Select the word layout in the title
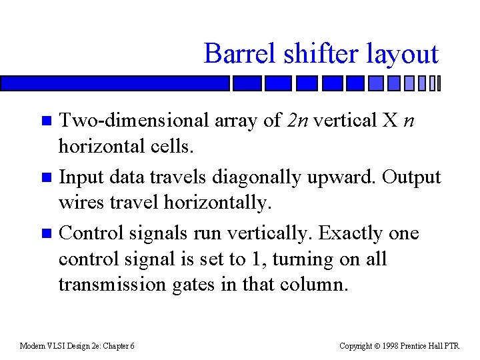(x=401, y=53)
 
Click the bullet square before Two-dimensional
(x=46, y=121)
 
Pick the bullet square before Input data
(x=46, y=178)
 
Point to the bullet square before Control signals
(x=46, y=234)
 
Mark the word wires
(x=82, y=202)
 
